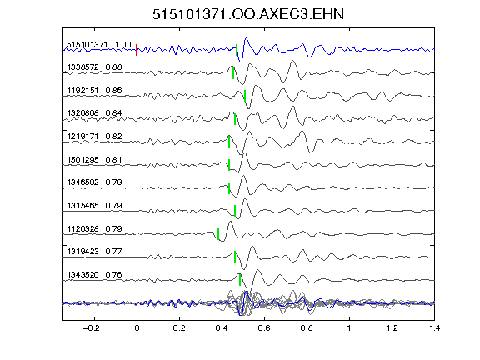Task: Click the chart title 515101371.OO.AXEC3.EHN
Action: [248, 14]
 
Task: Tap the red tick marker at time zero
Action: [137, 50]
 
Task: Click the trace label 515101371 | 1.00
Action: [99, 45]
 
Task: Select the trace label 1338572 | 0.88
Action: [95, 67]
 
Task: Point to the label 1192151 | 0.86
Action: [95, 91]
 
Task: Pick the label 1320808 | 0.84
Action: [95, 113]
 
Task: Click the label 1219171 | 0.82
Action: [95, 136]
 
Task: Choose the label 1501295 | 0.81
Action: [95, 159]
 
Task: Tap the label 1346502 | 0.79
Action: [95, 182]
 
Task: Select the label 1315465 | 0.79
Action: [95, 205]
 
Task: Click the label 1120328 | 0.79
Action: [95, 228]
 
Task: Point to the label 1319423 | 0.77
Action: [95, 252]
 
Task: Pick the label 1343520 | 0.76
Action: [95, 275]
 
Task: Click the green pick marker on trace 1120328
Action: [218, 234]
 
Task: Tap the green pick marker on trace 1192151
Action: [245, 96]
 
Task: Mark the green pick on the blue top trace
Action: [237, 50]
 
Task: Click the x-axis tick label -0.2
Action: [91, 328]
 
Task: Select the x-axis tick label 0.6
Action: [264, 328]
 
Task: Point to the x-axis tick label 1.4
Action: [435, 328]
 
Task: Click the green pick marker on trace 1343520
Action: [240, 279]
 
